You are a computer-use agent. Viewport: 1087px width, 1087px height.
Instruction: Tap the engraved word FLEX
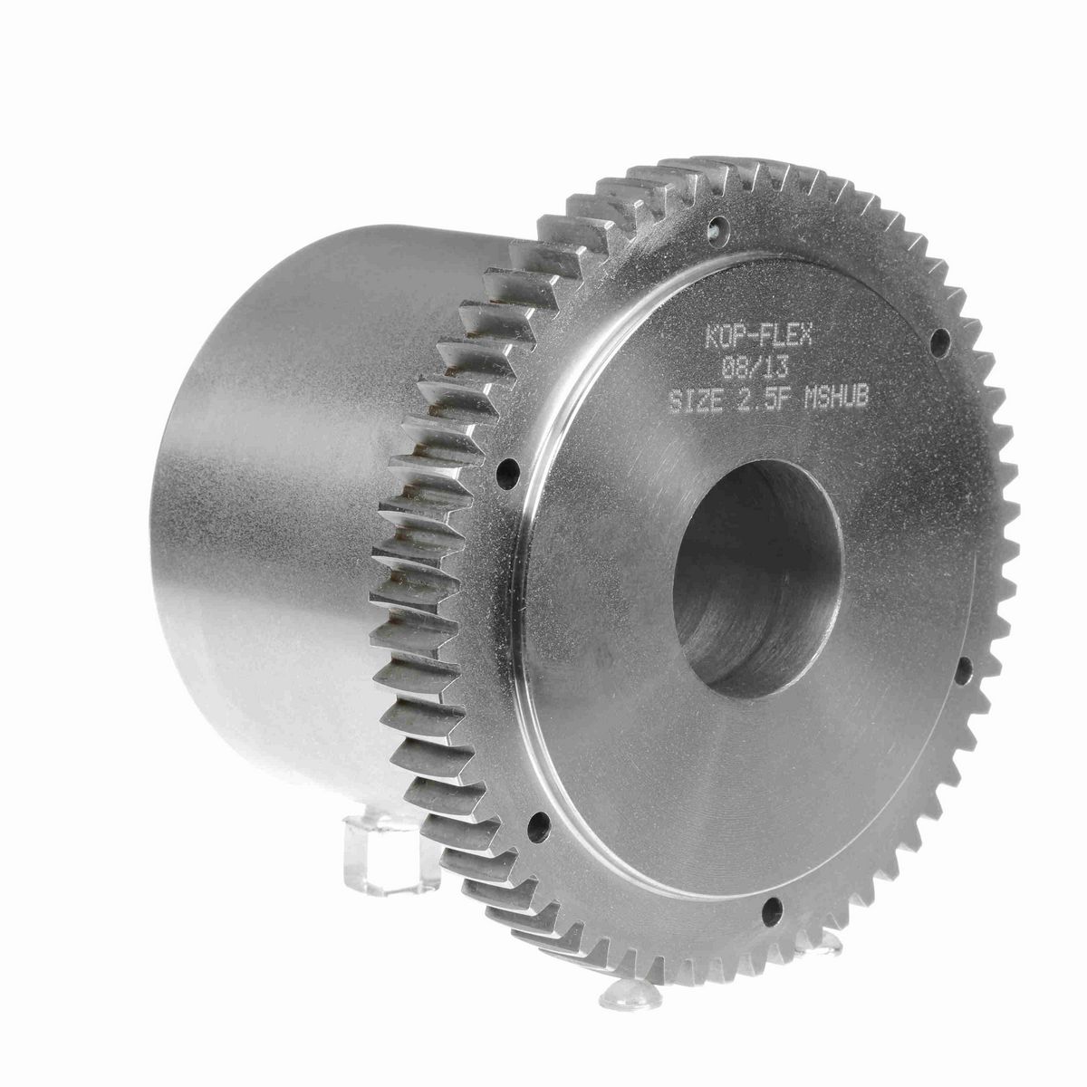785,336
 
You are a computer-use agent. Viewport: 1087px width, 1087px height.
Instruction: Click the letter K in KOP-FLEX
711,336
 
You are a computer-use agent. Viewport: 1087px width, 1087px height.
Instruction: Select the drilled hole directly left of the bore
505,469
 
